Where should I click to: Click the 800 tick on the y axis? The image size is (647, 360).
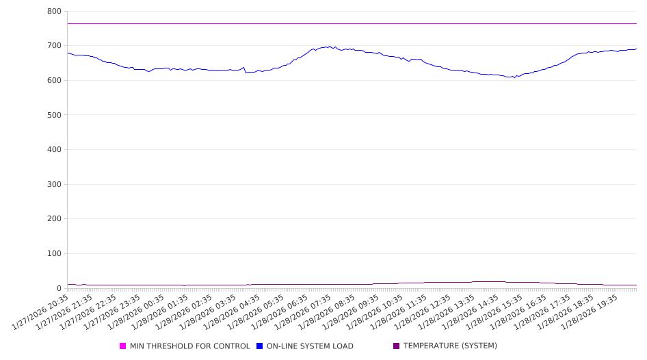click(55, 12)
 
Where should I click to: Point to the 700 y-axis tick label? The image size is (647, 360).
click(55, 46)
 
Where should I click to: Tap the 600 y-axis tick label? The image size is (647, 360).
click(55, 81)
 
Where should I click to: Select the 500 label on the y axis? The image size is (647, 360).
click(55, 115)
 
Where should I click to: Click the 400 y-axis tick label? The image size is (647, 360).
click(55, 150)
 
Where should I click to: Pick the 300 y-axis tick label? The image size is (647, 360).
click(55, 185)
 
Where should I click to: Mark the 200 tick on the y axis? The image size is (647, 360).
click(55, 219)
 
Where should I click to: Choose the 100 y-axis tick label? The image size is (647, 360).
click(55, 254)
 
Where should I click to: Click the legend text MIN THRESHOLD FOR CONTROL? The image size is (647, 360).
click(189, 346)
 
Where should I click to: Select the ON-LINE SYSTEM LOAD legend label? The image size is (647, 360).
click(310, 346)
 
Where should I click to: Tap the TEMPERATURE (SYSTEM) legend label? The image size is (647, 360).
click(450, 346)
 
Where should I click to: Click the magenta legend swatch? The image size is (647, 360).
click(123, 346)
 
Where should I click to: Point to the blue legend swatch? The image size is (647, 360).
click(260, 346)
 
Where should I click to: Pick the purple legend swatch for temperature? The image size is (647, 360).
click(397, 346)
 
